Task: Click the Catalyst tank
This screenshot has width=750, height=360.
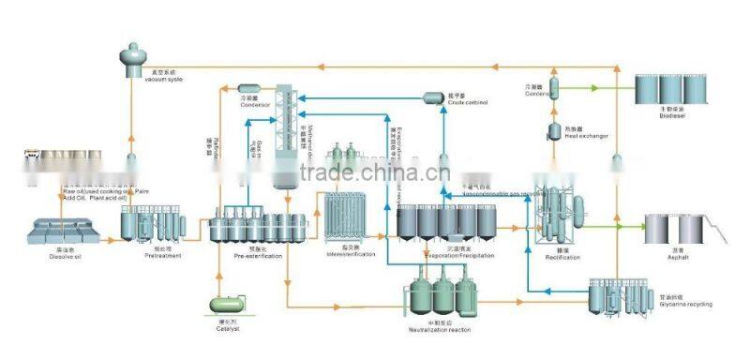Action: point(227,303)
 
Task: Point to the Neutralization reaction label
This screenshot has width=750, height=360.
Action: point(440,330)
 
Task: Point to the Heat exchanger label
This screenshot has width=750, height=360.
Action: point(584,136)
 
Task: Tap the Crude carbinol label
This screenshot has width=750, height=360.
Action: point(467,100)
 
